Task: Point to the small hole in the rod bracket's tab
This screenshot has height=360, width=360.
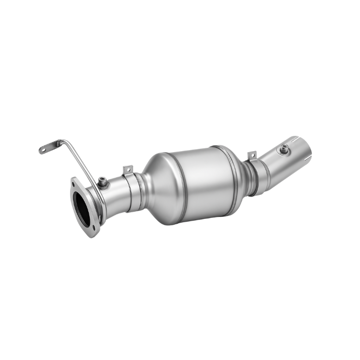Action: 42,150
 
